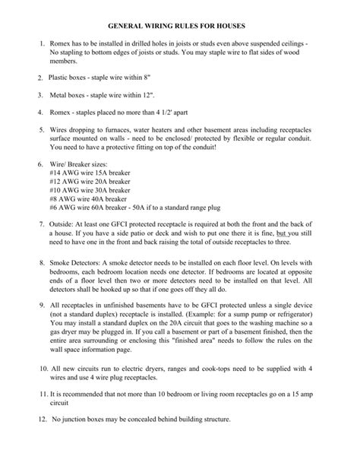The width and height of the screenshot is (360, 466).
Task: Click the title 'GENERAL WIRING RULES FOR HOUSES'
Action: pos(179,27)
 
